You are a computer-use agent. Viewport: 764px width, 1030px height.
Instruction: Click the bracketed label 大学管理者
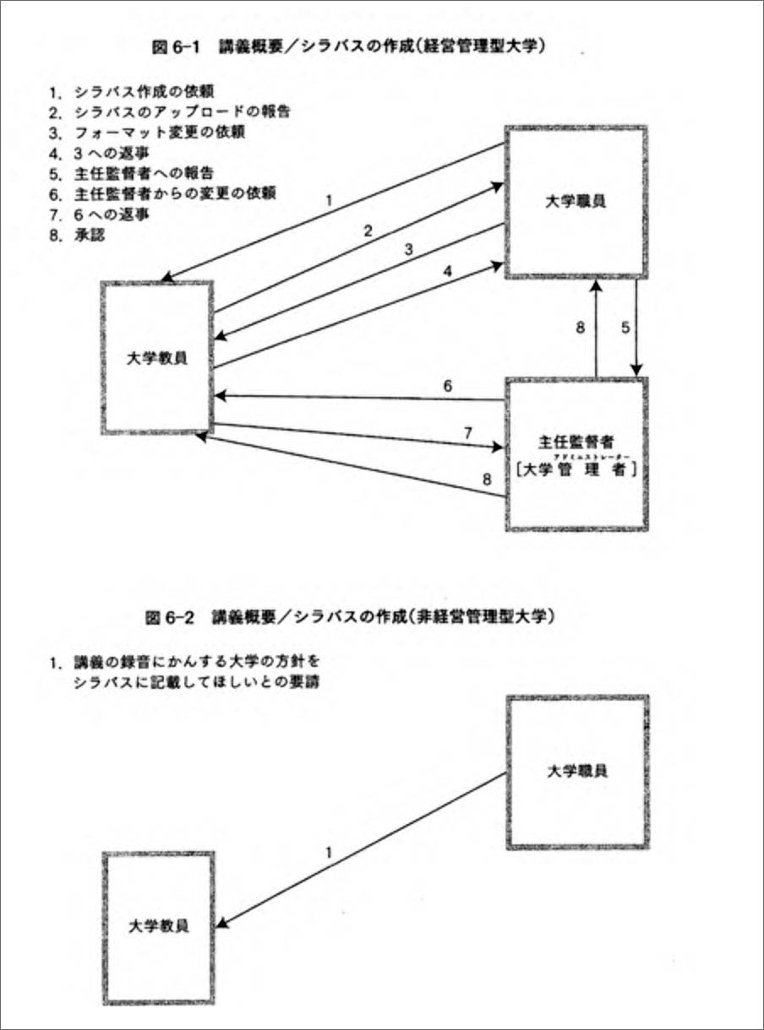576,470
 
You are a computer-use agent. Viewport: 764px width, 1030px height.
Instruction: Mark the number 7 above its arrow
467,432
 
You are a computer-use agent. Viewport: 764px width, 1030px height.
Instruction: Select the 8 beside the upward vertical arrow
581,328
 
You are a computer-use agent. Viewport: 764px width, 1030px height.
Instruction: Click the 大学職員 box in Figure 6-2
577,770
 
